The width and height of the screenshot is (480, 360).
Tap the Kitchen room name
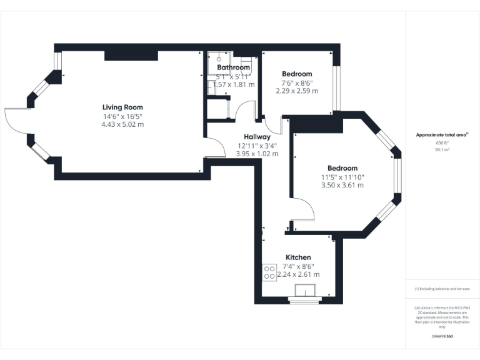tap(298, 257)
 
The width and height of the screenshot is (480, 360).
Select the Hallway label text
tap(257, 137)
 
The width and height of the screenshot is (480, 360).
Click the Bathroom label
tap(233, 67)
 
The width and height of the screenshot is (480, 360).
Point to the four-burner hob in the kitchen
tap(270, 272)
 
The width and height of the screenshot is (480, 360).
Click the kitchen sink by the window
tap(306, 291)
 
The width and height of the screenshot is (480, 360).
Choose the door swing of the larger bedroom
tap(302, 209)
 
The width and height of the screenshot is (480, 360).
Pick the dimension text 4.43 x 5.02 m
tap(122, 124)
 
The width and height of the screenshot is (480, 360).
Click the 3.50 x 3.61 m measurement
tap(342, 185)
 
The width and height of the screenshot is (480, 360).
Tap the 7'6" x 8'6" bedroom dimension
tap(297, 82)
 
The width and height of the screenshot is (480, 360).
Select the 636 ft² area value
tap(442, 142)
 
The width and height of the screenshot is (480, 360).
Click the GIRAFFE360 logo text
tap(442, 337)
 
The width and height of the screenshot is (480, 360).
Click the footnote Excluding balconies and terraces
tap(442, 289)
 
